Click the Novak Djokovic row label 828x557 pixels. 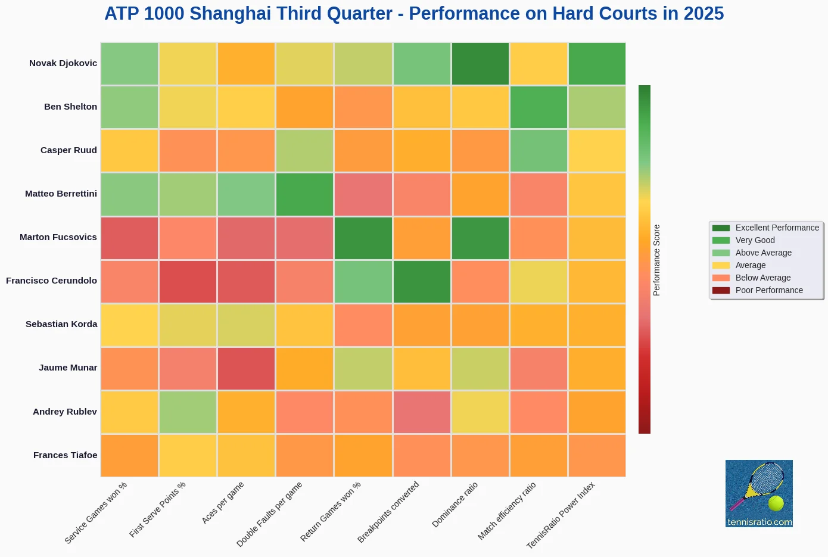(x=63, y=63)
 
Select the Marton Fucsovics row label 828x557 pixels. (x=58, y=237)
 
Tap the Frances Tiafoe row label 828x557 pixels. (x=65, y=455)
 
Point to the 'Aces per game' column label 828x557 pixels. (x=223, y=503)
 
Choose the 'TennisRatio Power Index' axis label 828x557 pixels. (x=561, y=515)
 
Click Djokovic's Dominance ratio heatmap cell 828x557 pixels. (x=480, y=64)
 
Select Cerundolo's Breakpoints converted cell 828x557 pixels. (x=422, y=281)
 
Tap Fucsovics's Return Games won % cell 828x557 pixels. (x=363, y=238)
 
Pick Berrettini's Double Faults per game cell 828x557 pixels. (x=305, y=194)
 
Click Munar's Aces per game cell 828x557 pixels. (x=247, y=368)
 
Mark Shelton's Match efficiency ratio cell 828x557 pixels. (x=538, y=107)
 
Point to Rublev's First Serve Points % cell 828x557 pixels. (x=188, y=412)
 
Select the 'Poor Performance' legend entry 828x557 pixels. (x=768, y=290)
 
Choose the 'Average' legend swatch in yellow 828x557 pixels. (x=721, y=265)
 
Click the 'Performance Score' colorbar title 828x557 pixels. (x=657, y=260)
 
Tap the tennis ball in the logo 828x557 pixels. (x=776, y=503)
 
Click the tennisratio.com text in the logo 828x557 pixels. (x=759, y=522)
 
